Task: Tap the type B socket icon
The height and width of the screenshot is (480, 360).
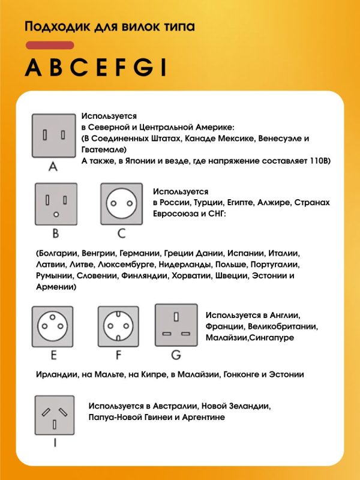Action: coord(56,204)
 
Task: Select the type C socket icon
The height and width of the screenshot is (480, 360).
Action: coord(122,204)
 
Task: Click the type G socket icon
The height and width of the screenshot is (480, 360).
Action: coord(176,325)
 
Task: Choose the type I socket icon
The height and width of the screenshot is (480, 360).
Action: coord(55,416)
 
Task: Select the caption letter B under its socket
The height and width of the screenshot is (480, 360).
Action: coord(55,233)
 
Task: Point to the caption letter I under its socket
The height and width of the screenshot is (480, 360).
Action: coord(55,444)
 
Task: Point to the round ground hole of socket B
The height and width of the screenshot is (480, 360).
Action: coord(56,214)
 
